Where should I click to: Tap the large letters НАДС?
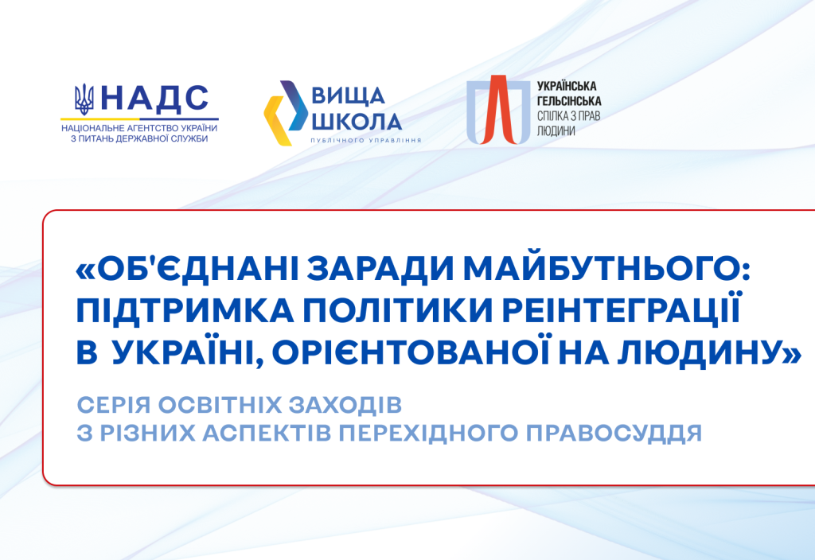pyautogui.click(x=155, y=98)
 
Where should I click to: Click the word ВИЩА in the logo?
pyautogui.click(x=348, y=96)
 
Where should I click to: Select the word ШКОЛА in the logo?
pyautogui.click(x=356, y=122)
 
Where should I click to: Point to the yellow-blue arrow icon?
pyautogui.click(x=286, y=113)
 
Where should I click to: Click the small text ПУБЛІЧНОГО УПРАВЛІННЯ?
pyautogui.click(x=366, y=140)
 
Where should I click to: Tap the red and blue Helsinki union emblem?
pyautogui.click(x=498, y=110)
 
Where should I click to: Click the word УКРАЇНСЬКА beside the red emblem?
pyautogui.click(x=567, y=86)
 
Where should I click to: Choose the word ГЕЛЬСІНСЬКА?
pyautogui.click(x=568, y=101)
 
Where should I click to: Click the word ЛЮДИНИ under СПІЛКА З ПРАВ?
pyautogui.click(x=556, y=131)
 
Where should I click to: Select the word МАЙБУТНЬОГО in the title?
pyautogui.click(x=606, y=269)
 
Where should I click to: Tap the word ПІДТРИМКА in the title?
pyautogui.click(x=185, y=311)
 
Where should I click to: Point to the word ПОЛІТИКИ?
pyautogui.click(x=398, y=311)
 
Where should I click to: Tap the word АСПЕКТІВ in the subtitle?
pyautogui.click(x=267, y=434)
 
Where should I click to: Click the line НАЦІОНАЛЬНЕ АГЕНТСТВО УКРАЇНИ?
pyautogui.click(x=139, y=128)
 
